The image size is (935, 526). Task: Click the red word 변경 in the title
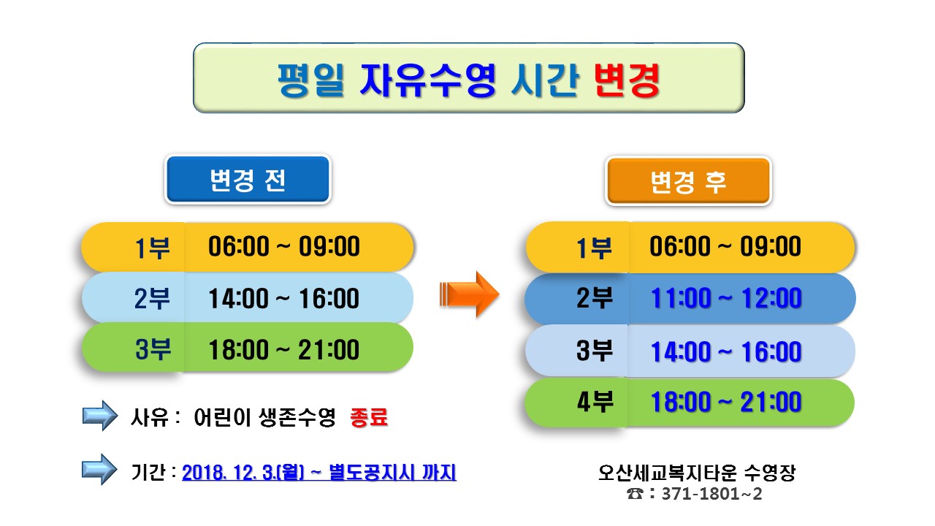(627, 80)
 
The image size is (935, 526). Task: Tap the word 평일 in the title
(311, 80)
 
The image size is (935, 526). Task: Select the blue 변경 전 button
(248, 180)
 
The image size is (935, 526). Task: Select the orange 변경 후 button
(688, 181)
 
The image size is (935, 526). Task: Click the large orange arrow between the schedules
(469, 294)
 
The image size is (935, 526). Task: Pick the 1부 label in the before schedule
(153, 248)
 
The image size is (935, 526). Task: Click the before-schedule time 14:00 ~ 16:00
(284, 299)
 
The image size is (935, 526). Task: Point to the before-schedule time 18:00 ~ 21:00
(284, 350)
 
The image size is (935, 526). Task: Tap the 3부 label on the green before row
(153, 349)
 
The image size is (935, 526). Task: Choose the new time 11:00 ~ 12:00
(726, 299)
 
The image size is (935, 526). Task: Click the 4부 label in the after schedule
(595, 402)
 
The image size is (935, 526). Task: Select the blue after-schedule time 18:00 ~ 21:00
(726, 402)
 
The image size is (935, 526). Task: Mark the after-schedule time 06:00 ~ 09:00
(725, 246)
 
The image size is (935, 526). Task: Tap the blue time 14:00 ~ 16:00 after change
(726, 351)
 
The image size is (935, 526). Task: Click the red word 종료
(369, 417)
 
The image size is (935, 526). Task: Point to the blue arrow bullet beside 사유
(99, 416)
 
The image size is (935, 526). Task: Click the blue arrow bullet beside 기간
(99, 470)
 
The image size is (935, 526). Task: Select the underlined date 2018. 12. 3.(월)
(243, 473)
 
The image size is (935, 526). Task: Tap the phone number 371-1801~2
(712, 494)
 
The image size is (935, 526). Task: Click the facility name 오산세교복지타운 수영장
(697, 473)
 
